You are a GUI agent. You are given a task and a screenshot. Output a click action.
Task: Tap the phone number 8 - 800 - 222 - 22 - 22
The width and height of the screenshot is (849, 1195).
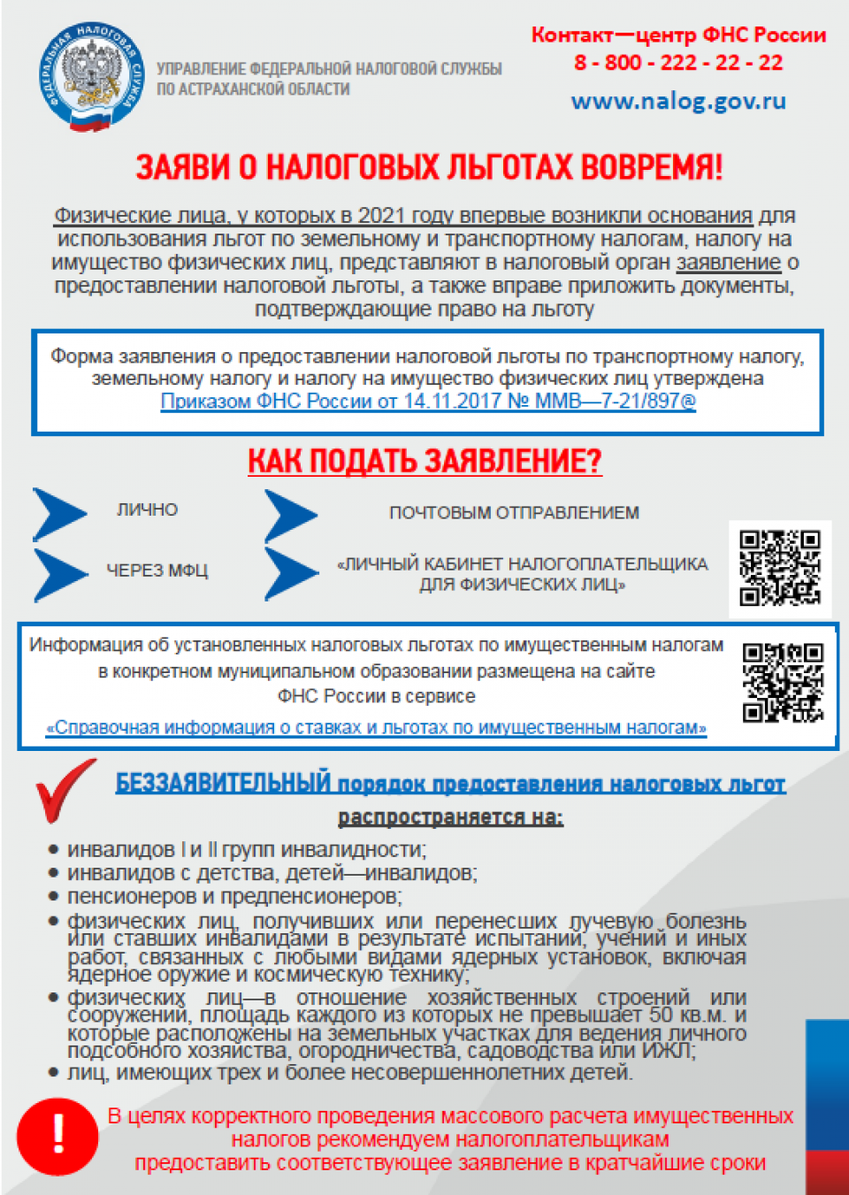(x=678, y=63)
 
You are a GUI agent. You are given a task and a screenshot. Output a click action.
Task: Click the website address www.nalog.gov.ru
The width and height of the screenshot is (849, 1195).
(x=678, y=101)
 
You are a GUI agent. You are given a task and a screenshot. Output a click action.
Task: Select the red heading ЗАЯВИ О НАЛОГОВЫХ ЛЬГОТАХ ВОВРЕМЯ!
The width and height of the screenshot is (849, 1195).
(x=429, y=167)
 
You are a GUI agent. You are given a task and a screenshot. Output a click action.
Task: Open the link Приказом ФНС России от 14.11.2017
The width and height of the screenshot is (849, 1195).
(x=428, y=401)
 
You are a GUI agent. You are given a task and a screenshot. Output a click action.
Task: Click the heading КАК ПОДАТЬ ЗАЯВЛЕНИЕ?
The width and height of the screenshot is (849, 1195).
(x=424, y=461)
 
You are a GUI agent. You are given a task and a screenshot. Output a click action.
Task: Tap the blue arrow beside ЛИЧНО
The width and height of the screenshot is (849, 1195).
(x=59, y=514)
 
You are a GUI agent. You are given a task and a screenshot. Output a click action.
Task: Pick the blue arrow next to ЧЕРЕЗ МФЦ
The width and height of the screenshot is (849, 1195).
(x=60, y=574)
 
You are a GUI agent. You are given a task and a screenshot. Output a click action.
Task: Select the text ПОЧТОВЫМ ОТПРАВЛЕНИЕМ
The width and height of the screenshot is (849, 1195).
(x=514, y=513)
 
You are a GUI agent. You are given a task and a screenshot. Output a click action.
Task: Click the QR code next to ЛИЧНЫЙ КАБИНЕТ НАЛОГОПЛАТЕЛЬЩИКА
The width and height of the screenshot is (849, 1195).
(x=779, y=568)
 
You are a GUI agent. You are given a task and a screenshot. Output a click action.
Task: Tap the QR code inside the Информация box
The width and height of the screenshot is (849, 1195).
(x=783, y=682)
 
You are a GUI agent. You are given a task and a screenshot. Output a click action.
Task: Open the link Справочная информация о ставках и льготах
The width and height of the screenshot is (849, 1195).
(x=377, y=728)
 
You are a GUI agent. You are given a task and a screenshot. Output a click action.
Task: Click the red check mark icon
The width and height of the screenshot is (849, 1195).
(x=65, y=789)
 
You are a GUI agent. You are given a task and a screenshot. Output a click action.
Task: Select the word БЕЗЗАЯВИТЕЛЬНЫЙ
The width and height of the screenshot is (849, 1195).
(x=223, y=783)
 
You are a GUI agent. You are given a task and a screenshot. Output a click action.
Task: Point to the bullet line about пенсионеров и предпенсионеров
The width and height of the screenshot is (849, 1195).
(x=234, y=897)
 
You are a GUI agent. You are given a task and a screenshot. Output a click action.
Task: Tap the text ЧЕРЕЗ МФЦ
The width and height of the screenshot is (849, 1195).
(x=157, y=571)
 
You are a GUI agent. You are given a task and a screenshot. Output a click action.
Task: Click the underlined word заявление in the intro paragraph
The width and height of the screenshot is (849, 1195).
(x=728, y=263)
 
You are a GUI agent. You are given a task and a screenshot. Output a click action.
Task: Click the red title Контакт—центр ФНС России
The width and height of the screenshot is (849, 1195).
(x=678, y=35)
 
